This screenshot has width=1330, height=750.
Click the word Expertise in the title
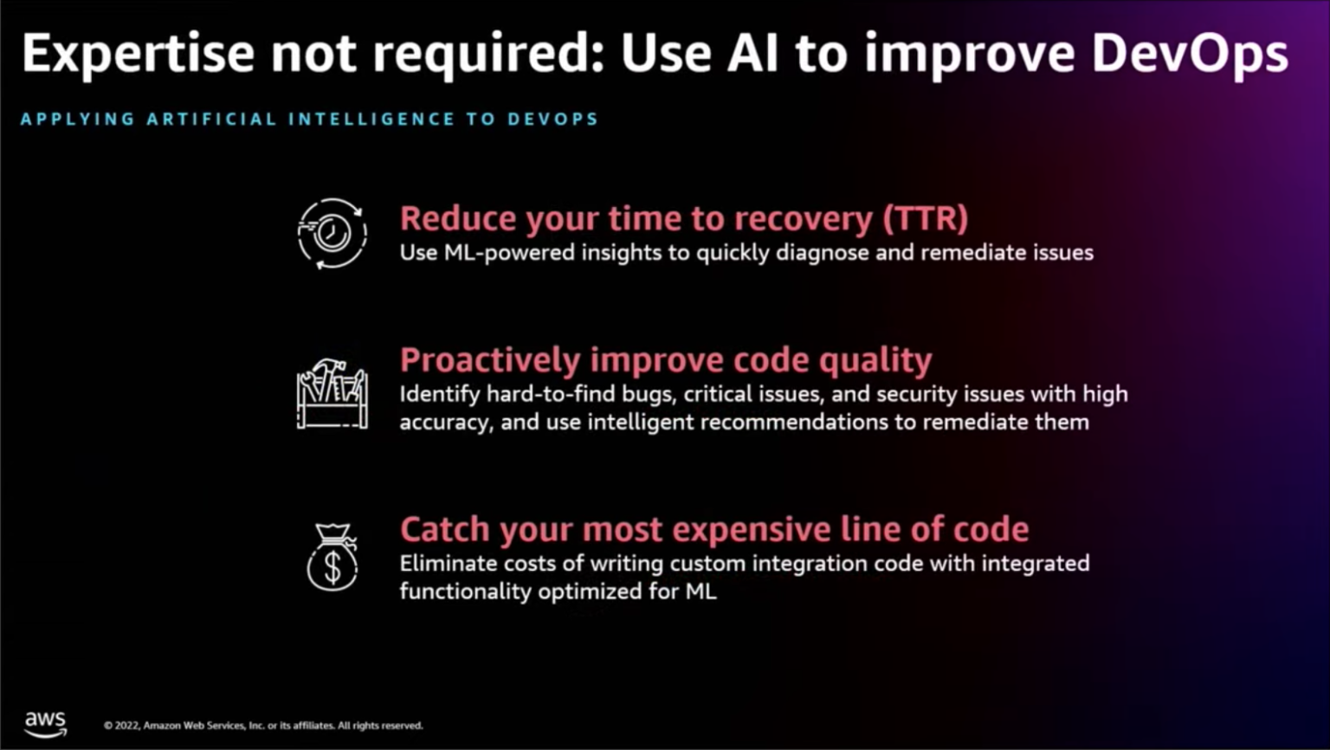point(139,54)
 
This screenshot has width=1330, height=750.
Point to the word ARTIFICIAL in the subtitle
point(211,120)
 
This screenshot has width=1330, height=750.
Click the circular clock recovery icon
point(332,234)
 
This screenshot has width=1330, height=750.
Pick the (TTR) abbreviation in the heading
point(925,219)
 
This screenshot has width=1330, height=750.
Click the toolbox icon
point(332,394)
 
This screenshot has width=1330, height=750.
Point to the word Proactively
point(489,360)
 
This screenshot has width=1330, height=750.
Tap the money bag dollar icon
point(332,558)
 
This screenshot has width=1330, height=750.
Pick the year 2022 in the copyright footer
point(126,726)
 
